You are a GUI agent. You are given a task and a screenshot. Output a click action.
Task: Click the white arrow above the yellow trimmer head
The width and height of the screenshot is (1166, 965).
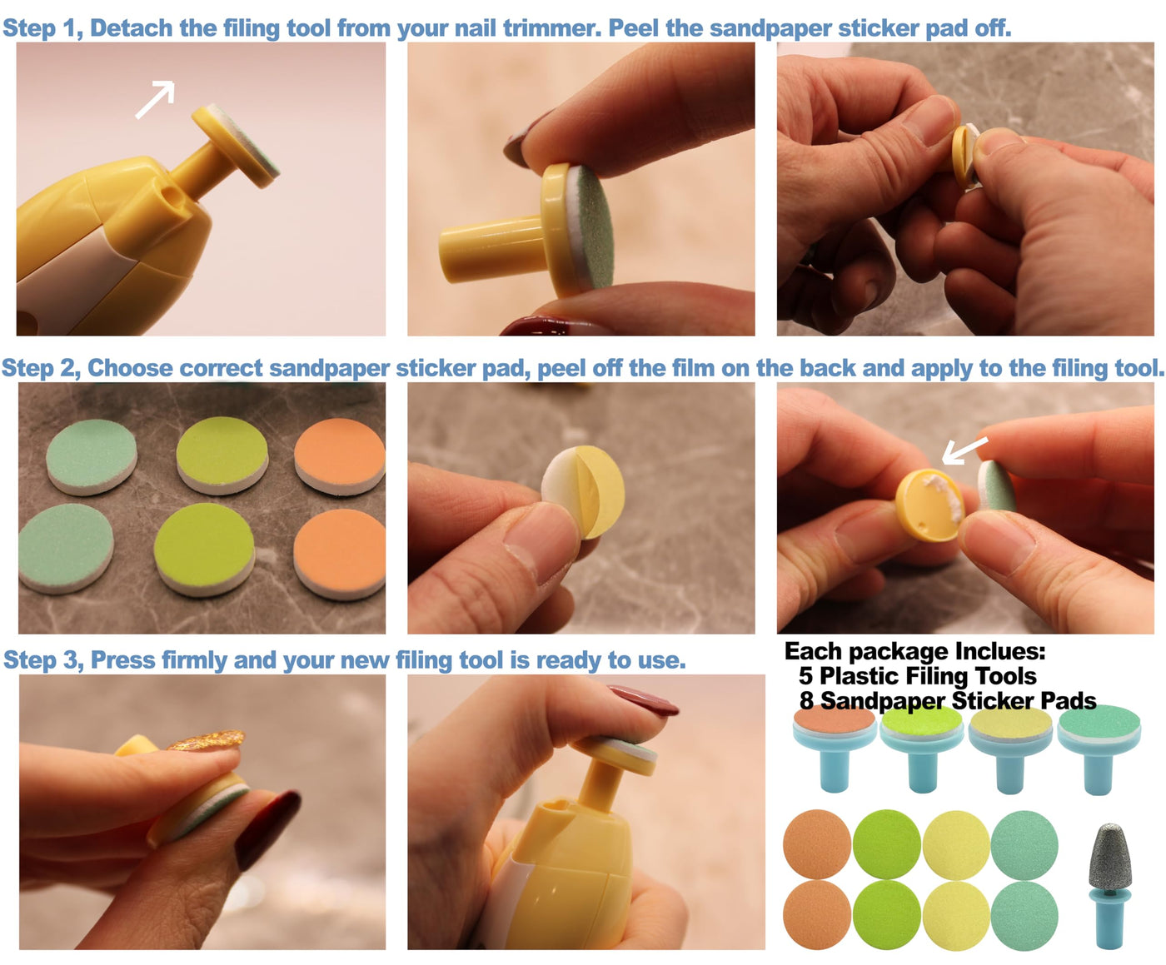pyautogui.click(x=156, y=99)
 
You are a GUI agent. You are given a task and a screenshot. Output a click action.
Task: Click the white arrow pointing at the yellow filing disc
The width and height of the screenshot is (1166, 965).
pyautogui.click(x=964, y=451)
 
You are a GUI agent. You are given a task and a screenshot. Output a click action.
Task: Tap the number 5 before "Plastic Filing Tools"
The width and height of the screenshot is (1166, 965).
pyautogui.click(x=805, y=676)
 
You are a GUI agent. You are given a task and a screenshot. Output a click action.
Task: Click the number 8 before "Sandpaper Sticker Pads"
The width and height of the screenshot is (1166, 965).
pyautogui.click(x=806, y=701)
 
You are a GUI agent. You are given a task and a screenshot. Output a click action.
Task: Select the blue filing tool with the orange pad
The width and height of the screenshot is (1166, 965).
pyautogui.click(x=835, y=749)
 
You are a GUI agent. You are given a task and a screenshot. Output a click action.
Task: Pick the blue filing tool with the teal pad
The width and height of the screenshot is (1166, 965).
pyautogui.click(x=1099, y=749)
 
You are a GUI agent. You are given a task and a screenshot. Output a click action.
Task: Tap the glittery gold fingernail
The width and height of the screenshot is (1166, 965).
pyautogui.click(x=207, y=740)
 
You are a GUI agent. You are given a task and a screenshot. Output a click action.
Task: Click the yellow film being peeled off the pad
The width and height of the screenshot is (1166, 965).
pyautogui.click(x=600, y=490)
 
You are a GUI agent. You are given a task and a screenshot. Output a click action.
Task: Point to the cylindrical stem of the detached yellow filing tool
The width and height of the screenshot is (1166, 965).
pyautogui.click(x=491, y=249)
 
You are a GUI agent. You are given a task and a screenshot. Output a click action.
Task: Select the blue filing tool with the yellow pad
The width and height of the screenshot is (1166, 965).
pyautogui.click(x=1011, y=749)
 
